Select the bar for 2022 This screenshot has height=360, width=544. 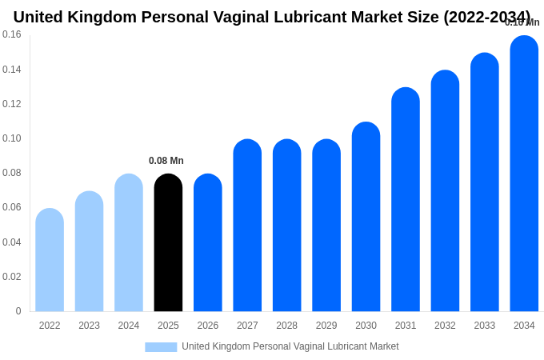(x=50, y=260)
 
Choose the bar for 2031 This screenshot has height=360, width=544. (x=406, y=199)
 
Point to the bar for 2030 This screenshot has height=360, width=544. (x=366, y=217)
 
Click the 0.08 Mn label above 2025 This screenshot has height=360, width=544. (x=166, y=161)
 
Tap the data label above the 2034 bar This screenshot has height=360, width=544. (x=522, y=22)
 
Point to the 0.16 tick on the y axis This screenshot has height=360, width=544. (x=12, y=34)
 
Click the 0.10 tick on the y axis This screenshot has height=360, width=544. (x=12, y=138)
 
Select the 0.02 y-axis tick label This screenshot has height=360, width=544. (x=12, y=277)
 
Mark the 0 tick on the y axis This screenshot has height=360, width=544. (x=18, y=311)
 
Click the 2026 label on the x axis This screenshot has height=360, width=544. (x=208, y=326)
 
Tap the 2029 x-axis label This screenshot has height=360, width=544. (x=326, y=326)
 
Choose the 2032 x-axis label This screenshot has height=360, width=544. (x=445, y=326)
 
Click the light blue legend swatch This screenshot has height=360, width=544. (x=161, y=346)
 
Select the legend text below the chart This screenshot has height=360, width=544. (x=290, y=346)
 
